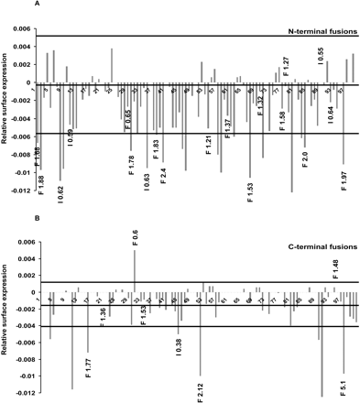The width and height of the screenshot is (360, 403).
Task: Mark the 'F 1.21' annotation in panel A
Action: coord(209,143)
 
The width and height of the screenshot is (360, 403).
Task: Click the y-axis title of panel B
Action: coord(7,316)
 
